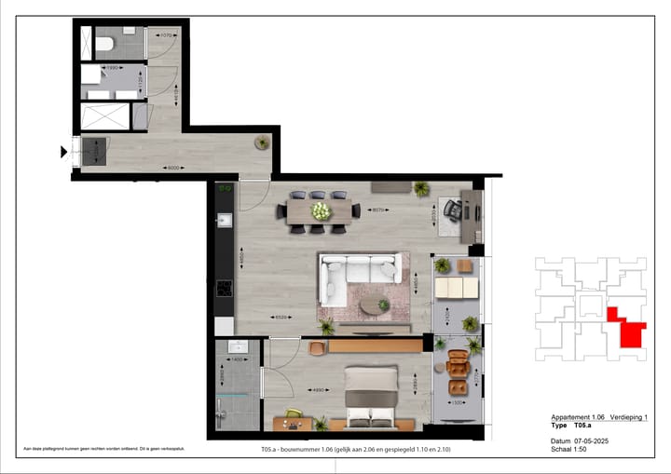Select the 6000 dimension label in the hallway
(x=172, y=168)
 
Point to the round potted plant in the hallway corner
(x=263, y=142)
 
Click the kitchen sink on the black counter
(x=224, y=221)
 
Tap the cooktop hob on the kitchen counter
(x=224, y=288)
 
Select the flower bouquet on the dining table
(x=321, y=211)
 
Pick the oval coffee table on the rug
(x=376, y=305)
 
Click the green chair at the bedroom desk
(x=294, y=414)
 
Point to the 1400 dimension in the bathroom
(x=237, y=359)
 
